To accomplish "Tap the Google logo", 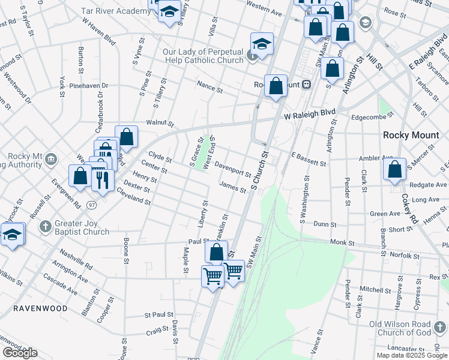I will (20, 353).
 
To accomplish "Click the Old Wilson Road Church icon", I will (441, 328).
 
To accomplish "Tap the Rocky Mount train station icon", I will (306, 85).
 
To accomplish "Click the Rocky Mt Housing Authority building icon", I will (51, 160).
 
